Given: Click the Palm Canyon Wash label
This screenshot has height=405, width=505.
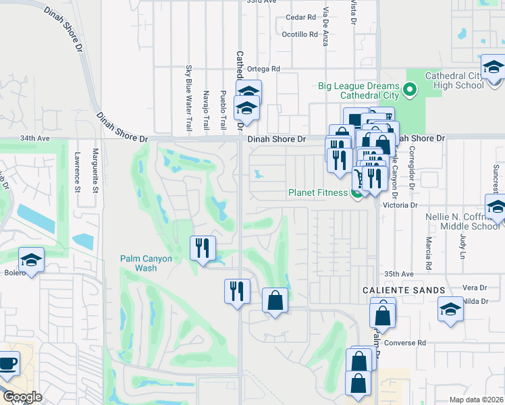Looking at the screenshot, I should [x=147, y=263].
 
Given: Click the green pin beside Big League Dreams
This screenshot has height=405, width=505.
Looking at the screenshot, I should [x=410, y=89].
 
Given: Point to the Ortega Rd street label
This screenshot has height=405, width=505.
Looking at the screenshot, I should [x=264, y=69].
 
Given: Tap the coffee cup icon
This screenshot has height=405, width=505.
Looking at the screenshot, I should [x=8, y=363].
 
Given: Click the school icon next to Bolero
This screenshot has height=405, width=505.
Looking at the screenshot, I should [x=31, y=259].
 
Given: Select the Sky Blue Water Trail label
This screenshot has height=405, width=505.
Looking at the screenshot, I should [x=188, y=98].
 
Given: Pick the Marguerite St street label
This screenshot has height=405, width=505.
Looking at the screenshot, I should [x=96, y=171].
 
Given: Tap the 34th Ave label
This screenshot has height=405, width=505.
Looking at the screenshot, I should [x=35, y=138].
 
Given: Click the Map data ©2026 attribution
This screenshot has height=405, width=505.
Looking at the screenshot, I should [x=476, y=400].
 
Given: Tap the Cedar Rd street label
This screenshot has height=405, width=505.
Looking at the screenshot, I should [x=301, y=17].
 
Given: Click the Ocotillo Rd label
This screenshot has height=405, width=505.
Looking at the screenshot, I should [x=299, y=34].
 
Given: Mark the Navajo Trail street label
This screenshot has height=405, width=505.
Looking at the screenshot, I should [x=206, y=110].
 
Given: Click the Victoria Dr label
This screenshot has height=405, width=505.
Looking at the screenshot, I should [x=401, y=204].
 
